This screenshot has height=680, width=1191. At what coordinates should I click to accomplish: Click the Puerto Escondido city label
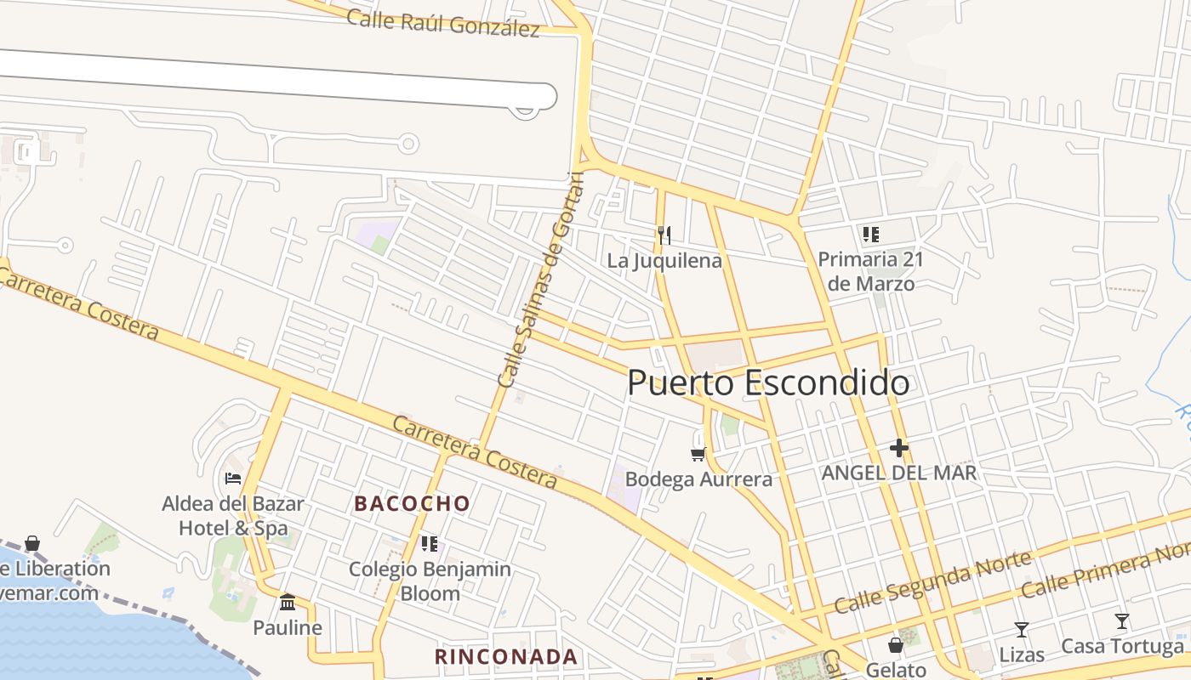(x=768, y=383)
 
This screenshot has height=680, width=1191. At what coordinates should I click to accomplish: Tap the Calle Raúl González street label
(x=443, y=23)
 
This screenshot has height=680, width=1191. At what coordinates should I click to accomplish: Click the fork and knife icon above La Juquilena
(x=664, y=235)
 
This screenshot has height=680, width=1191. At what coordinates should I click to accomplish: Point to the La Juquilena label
(x=664, y=260)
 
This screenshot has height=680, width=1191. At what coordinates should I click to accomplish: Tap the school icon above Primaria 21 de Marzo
(x=870, y=234)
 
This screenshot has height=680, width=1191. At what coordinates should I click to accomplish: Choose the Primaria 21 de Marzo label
(x=870, y=271)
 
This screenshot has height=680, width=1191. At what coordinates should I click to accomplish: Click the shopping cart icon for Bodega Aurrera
(x=698, y=455)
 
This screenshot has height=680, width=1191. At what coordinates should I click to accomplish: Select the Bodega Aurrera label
(x=698, y=479)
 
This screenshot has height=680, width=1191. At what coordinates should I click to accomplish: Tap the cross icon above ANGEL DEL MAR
(x=899, y=448)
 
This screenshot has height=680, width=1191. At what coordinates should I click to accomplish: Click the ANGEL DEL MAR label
(x=899, y=473)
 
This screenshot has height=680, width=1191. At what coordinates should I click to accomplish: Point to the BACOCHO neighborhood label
(x=412, y=503)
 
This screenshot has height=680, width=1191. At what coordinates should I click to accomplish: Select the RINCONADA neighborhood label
(x=506, y=657)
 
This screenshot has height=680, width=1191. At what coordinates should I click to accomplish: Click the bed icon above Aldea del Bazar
(x=233, y=479)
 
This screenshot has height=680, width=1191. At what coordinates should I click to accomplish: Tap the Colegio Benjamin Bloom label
(x=430, y=581)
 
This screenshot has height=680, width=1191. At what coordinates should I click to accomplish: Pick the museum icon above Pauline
(x=288, y=603)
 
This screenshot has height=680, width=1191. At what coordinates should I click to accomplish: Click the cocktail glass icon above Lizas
(x=1022, y=630)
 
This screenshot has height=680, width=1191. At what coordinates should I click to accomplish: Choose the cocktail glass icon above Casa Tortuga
(x=1122, y=621)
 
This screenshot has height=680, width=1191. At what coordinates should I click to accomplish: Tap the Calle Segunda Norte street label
(x=933, y=582)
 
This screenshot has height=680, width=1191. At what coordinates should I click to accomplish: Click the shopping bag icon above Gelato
(x=896, y=645)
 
